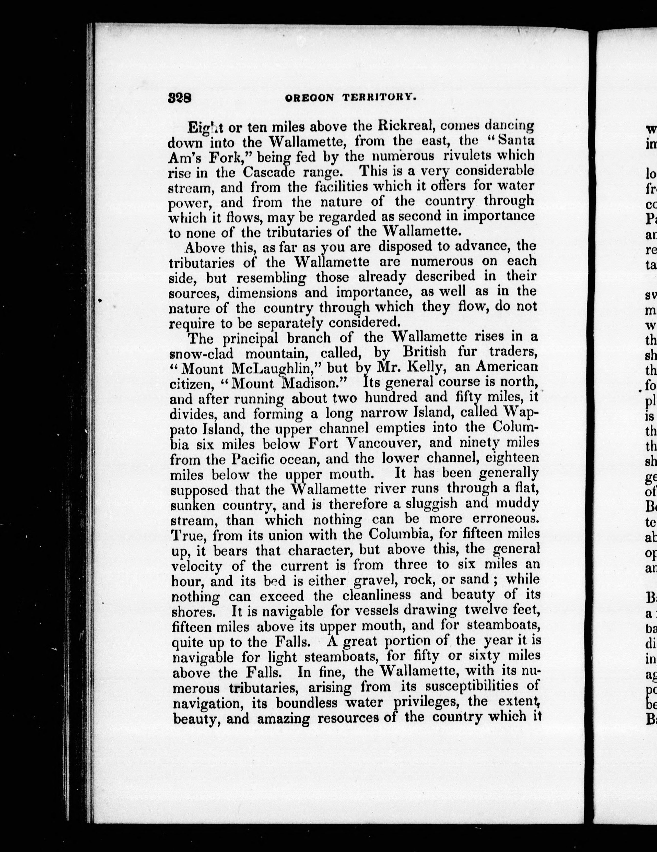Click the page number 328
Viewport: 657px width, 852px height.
pos(180,97)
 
